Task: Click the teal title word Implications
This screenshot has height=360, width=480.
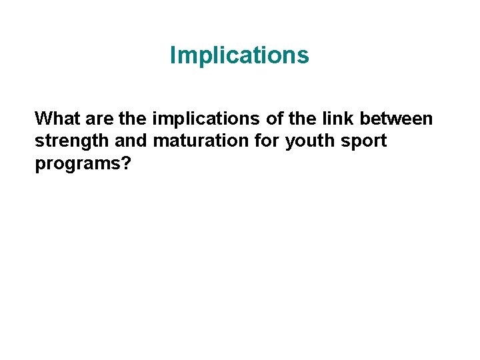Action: point(239,56)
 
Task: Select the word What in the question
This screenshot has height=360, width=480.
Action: point(58,119)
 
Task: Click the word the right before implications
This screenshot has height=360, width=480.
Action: point(133,119)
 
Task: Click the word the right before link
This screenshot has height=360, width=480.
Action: point(291,119)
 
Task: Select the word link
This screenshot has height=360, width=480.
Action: point(327,119)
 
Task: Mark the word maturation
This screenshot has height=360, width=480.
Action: point(197,141)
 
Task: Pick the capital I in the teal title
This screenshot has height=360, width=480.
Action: point(173,55)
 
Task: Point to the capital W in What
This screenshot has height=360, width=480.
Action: point(43,119)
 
